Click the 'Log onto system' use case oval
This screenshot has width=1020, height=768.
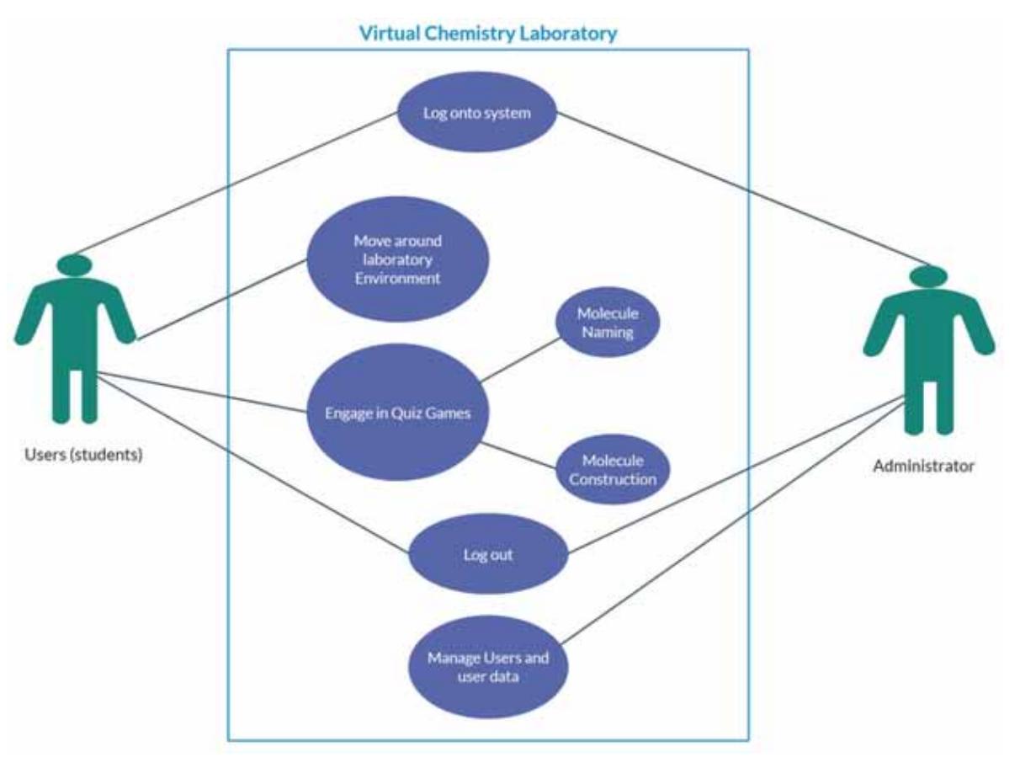[x=477, y=112]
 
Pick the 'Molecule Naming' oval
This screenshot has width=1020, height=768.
[x=607, y=323]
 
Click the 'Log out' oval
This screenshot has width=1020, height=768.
[x=488, y=555]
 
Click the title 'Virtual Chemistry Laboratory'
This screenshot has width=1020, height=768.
[x=488, y=34]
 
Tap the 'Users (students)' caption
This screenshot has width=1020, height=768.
[x=82, y=456]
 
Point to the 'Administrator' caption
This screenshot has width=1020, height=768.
[x=923, y=465]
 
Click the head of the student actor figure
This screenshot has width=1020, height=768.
[x=74, y=265]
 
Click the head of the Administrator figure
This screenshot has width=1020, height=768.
[x=928, y=276]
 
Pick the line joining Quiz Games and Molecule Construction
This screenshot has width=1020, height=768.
[x=520, y=455]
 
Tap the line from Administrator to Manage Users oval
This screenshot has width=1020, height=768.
[x=732, y=518]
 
